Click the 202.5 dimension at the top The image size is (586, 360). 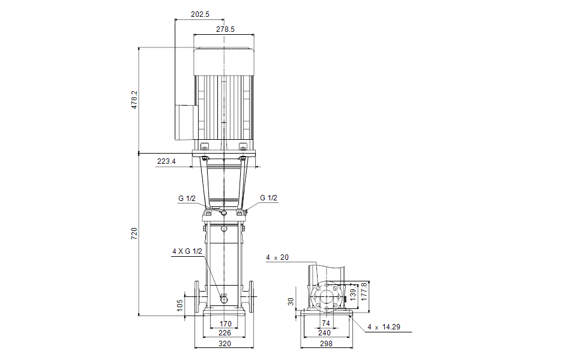pyautogui.click(x=200, y=14)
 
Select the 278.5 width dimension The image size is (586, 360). pyautogui.click(x=225, y=29)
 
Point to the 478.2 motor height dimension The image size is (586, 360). pyautogui.click(x=134, y=100)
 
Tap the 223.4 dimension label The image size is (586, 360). pyautogui.click(x=166, y=161)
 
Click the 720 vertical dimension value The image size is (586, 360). pyautogui.click(x=134, y=233)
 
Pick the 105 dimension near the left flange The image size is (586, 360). pyautogui.click(x=180, y=305)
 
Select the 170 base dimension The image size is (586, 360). pyautogui.click(x=225, y=324)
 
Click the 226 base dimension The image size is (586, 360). pyautogui.click(x=225, y=333)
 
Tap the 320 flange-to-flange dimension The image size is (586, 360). pyautogui.click(x=225, y=344)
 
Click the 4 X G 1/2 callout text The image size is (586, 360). pyautogui.click(x=187, y=251)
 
